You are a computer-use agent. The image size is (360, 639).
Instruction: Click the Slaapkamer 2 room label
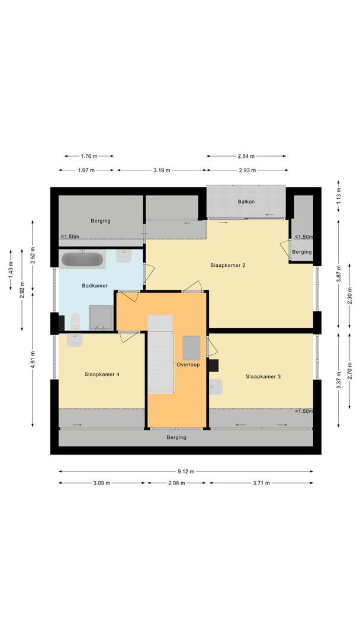click(x=227, y=265)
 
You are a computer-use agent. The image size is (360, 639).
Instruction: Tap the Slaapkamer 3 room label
click(x=263, y=376)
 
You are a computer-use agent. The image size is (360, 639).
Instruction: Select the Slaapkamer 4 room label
click(x=102, y=374)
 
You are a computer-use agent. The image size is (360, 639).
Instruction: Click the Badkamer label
click(x=95, y=286)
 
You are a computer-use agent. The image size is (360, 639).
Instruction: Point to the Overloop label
click(x=188, y=364)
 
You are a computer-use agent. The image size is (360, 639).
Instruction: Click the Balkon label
click(x=246, y=202)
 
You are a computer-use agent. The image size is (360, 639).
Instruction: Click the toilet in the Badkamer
click(x=75, y=322)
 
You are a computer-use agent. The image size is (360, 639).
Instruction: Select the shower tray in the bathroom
click(x=100, y=318)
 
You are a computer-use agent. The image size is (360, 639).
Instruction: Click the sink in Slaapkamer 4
click(x=75, y=340)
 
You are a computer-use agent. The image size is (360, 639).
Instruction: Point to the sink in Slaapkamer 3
click(x=216, y=388)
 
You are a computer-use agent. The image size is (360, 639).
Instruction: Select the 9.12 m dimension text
click(x=186, y=472)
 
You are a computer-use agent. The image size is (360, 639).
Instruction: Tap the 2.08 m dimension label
click(x=177, y=483)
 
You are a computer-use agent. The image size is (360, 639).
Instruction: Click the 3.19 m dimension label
click(x=161, y=170)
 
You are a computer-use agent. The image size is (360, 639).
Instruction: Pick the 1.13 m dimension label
click(x=338, y=200)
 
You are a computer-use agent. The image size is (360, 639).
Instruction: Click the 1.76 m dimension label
click(x=89, y=156)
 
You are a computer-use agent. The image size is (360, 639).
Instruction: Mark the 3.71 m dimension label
click(x=261, y=483)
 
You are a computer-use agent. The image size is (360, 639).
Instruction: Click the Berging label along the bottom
click(x=176, y=437)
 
